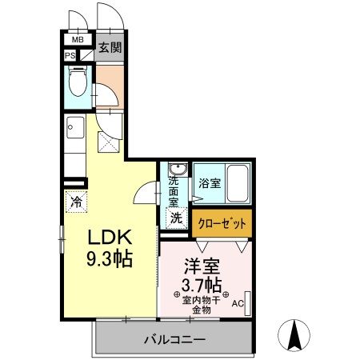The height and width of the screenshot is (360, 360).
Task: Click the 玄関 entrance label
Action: (110, 46)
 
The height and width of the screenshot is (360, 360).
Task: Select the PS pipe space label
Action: (70, 55)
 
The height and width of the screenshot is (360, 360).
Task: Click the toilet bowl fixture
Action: (78, 83)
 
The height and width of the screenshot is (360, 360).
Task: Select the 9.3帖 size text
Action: (109, 259)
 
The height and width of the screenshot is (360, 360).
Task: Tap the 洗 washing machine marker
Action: (175, 216)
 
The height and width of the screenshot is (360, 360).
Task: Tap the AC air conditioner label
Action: (237, 304)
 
